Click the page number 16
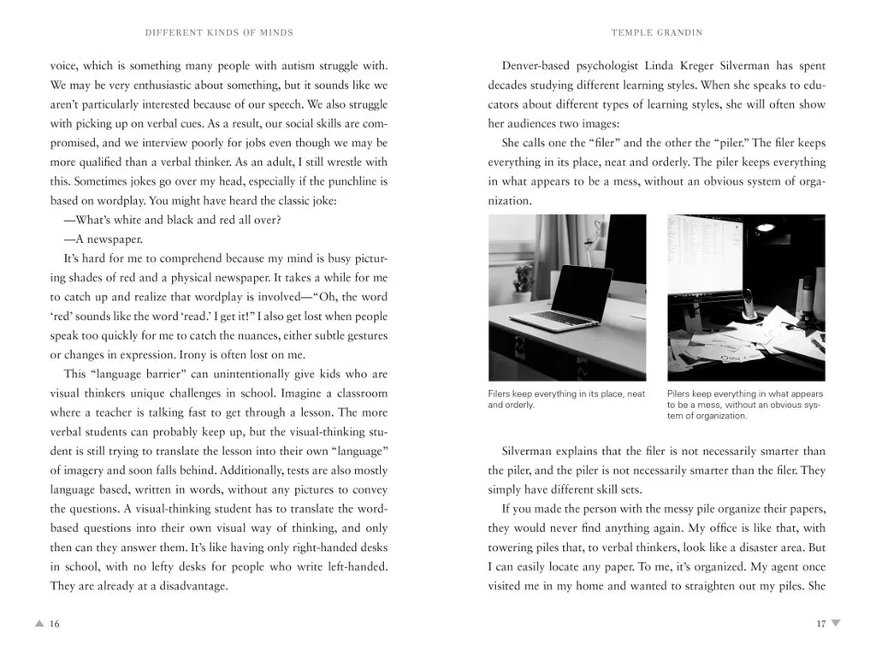(55, 624)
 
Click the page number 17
(820, 624)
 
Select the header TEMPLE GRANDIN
(656, 33)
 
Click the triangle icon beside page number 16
(38, 624)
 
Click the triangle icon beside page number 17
(836, 624)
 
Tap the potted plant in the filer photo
(523, 278)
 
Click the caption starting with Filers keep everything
(566, 400)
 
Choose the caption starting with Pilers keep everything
(744, 405)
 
